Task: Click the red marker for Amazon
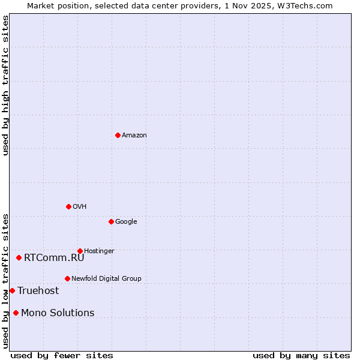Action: tap(118, 135)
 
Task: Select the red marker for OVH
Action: tap(68, 206)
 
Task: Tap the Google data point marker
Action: tap(111, 221)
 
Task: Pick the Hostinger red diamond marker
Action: tap(80, 251)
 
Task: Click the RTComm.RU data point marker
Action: tap(19, 257)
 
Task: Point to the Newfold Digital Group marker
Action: tap(67, 278)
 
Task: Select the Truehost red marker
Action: tap(12, 290)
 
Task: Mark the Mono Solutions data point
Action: tap(16, 313)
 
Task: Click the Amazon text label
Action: tap(134, 135)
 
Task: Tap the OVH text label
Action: tap(80, 206)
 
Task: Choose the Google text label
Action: tap(126, 221)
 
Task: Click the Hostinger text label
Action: tap(99, 251)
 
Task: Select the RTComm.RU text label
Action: tap(54, 257)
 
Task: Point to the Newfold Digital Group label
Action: tap(106, 278)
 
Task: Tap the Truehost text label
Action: tap(38, 290)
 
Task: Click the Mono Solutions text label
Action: tap(58, 313)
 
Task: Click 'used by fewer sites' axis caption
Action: tap(62, 355)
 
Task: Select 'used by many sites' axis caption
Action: tap(301, 355)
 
